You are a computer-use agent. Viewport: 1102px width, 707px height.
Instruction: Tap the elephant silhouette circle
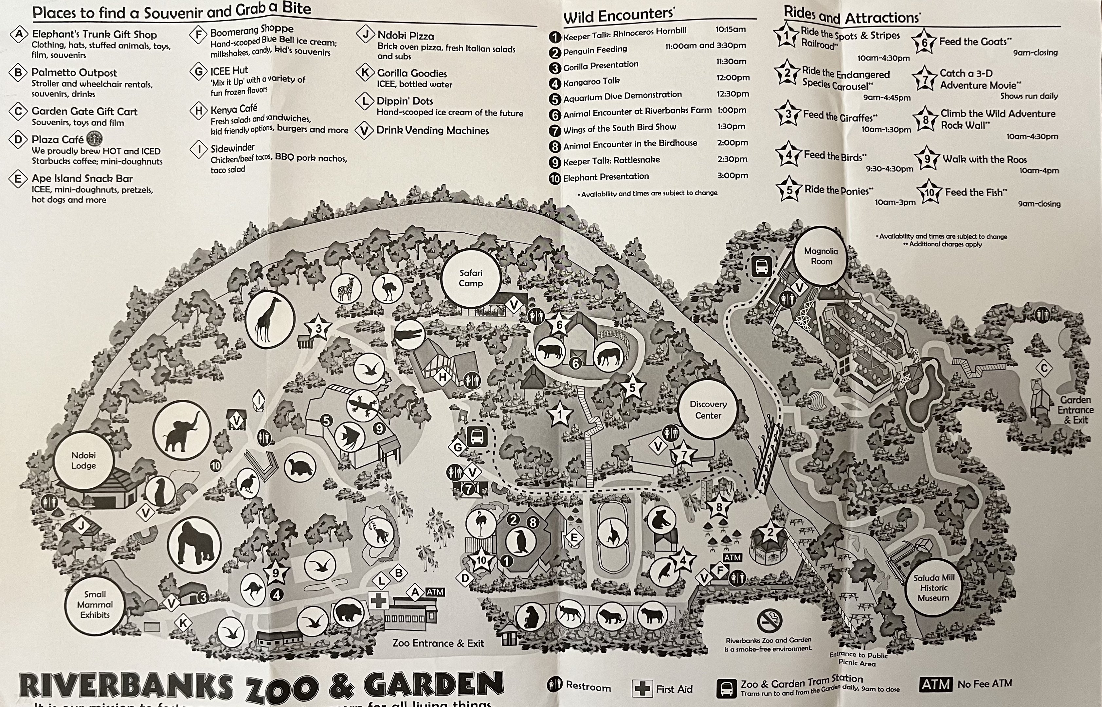click(x=182, y=430)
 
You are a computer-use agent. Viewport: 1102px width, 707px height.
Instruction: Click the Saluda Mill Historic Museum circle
click(x=933, y=588)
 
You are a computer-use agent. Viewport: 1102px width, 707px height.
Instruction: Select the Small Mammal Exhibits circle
click(x=95, y=604)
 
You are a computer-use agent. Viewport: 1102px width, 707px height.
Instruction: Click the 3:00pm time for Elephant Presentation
click(x=732, y=175)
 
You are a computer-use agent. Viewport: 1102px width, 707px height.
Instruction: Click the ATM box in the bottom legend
click(x=936, y=684)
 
